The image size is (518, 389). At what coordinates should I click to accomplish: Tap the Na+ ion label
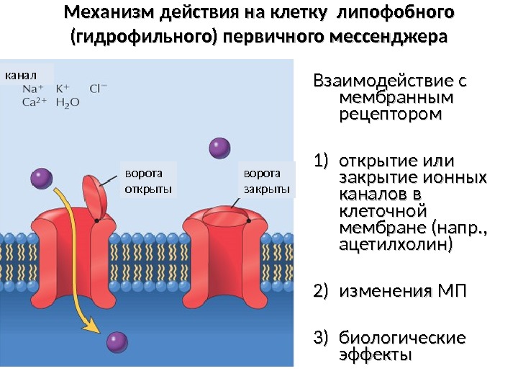pos(32,89)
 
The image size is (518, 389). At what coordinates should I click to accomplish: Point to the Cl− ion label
pos(99,89)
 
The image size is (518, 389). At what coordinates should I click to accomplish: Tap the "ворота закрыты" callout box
pos(266,181)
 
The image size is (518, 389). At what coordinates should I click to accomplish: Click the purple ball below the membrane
pos(116,341)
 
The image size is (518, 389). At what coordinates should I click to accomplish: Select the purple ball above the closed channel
pos(219,148)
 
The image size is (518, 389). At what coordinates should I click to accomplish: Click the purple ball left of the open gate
pos(42,178)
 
